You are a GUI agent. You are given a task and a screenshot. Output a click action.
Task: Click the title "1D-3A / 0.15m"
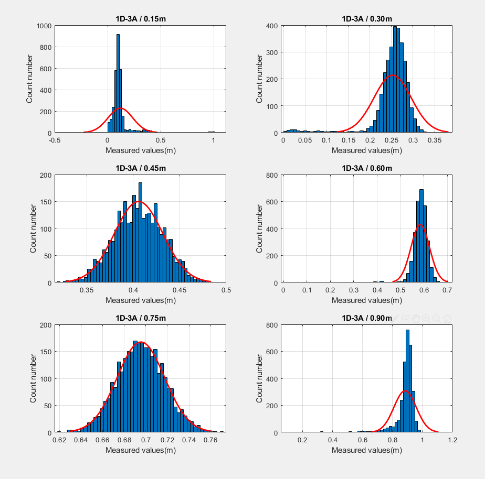click(x=140, y=19)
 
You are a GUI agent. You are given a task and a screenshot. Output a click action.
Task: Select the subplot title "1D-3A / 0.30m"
click(x=367, y=19)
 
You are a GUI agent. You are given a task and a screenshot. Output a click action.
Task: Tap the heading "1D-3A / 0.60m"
click(x=367, y=168)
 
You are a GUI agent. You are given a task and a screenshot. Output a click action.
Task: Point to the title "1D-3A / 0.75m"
click(x=140, y=317)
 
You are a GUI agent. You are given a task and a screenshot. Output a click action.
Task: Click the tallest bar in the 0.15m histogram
click(x=118, y=84)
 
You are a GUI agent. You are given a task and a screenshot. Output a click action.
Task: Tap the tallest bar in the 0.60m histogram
click(x=421, y=236)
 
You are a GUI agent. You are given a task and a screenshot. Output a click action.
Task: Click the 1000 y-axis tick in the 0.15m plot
click(x=44, y=26)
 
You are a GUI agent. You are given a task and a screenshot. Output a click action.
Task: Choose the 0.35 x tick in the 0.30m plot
click(x=434, y=140)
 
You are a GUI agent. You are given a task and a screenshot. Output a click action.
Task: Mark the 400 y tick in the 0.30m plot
click(x=271, y=26)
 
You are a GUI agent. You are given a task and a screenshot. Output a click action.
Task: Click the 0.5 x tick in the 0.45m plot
click(x=226, y=289)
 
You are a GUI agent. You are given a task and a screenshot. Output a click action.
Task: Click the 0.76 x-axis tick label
click(x=211, y=439)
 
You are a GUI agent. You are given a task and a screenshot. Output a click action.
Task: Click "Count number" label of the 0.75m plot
click(x=33, y=379)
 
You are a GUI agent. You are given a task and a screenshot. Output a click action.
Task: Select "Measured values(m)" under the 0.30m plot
click(x=367, y=150)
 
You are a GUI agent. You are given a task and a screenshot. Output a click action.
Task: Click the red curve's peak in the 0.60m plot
click(x=420, y=225)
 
